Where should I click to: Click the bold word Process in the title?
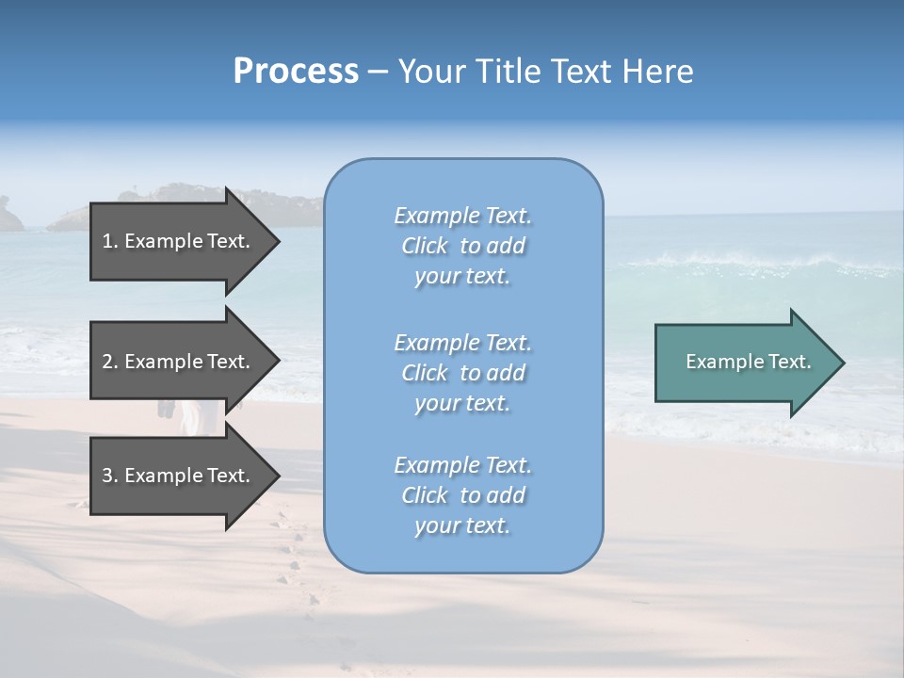coord(296,72)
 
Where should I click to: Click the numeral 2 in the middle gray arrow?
coord(107,362)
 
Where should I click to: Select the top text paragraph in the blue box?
coord(462,246)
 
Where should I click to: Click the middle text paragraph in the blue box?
coord(462,373)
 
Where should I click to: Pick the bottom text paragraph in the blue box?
coord(462,495)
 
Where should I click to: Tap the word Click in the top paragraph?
coord(425,246)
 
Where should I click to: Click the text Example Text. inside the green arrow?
coord(748,362)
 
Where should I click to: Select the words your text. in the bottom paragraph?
coord(462,525)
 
